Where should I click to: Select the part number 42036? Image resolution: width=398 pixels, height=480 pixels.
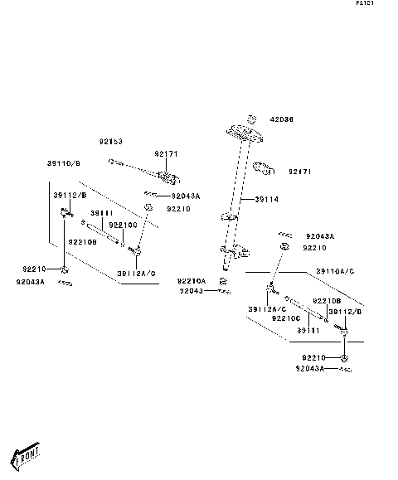tap(282, 119)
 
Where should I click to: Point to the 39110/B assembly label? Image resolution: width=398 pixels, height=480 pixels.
tap(64, 163)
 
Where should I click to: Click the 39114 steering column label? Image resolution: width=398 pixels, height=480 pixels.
tap(267, 200)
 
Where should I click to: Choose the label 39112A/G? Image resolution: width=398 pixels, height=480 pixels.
tap(136, 273)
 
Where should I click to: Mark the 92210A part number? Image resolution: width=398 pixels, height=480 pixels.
tap(192, 281)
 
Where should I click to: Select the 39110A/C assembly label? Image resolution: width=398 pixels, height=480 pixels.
tap(335, 271)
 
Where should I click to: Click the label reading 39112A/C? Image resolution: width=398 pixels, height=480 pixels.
tap(267, 308)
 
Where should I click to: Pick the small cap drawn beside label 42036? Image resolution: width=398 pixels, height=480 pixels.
tap(255, 118)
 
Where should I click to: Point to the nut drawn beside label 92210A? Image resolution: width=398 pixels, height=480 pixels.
tap(222, 282)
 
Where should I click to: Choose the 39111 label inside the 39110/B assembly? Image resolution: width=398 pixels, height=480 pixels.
tap(100, 213)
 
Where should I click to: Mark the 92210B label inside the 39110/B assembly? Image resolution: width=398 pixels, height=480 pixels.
tap(82, 242)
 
